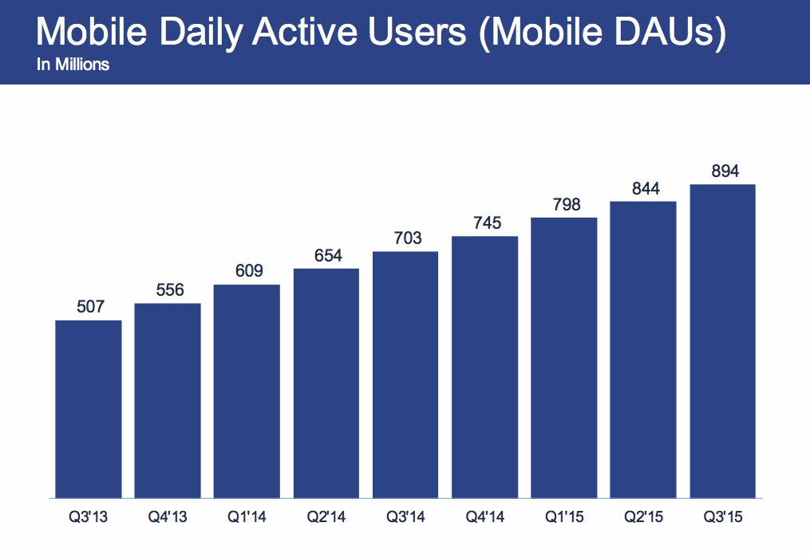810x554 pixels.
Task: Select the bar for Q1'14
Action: coord(247,391)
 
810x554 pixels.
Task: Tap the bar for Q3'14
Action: coord(405,375)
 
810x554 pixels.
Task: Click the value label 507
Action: coord(89,307)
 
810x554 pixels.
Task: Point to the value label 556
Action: coord(168,290)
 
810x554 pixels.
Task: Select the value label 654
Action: coord(326,255)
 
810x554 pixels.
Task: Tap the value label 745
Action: coord(485,223)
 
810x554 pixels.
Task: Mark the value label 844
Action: coord(643,188)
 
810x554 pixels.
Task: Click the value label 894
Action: coord(722,171)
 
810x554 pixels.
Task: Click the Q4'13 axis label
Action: coord(168,517)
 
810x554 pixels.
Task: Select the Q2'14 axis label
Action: coord(326,517)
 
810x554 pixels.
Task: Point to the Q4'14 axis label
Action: coord(485,517)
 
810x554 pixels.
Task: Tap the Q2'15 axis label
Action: coord(643,517)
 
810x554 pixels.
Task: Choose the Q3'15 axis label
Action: coord(722,517)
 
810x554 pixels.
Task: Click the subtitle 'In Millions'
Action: coord(73,65)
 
